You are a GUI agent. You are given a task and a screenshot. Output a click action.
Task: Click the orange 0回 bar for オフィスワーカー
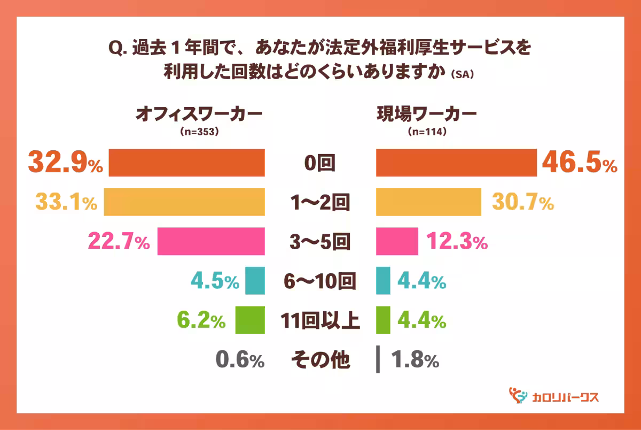click(186, 163)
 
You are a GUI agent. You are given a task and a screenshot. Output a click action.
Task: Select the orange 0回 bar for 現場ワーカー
click(456, 163)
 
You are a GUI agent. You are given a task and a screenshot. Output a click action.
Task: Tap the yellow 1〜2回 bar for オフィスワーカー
click(184, 202)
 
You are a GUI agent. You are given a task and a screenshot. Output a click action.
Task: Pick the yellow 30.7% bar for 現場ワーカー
click(428, 202)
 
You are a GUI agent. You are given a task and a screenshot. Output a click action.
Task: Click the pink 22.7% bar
click(211, 242)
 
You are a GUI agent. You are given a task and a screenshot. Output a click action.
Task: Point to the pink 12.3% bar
click(397, 242)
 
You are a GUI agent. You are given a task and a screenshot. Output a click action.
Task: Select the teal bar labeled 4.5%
click(255, 281)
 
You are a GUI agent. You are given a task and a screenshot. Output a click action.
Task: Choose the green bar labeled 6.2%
click(250, 320)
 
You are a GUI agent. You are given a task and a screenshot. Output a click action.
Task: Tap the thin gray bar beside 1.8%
click(378, 359)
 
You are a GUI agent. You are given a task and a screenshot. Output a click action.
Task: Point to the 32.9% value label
click(65, 163)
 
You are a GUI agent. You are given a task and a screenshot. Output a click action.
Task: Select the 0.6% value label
click(240, 360)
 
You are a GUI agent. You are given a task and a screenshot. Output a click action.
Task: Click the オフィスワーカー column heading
click(200, 113)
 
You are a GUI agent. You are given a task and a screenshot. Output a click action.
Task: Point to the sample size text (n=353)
click(200, 132)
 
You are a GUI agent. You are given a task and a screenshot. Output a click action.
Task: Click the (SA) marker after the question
click(463, 75)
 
